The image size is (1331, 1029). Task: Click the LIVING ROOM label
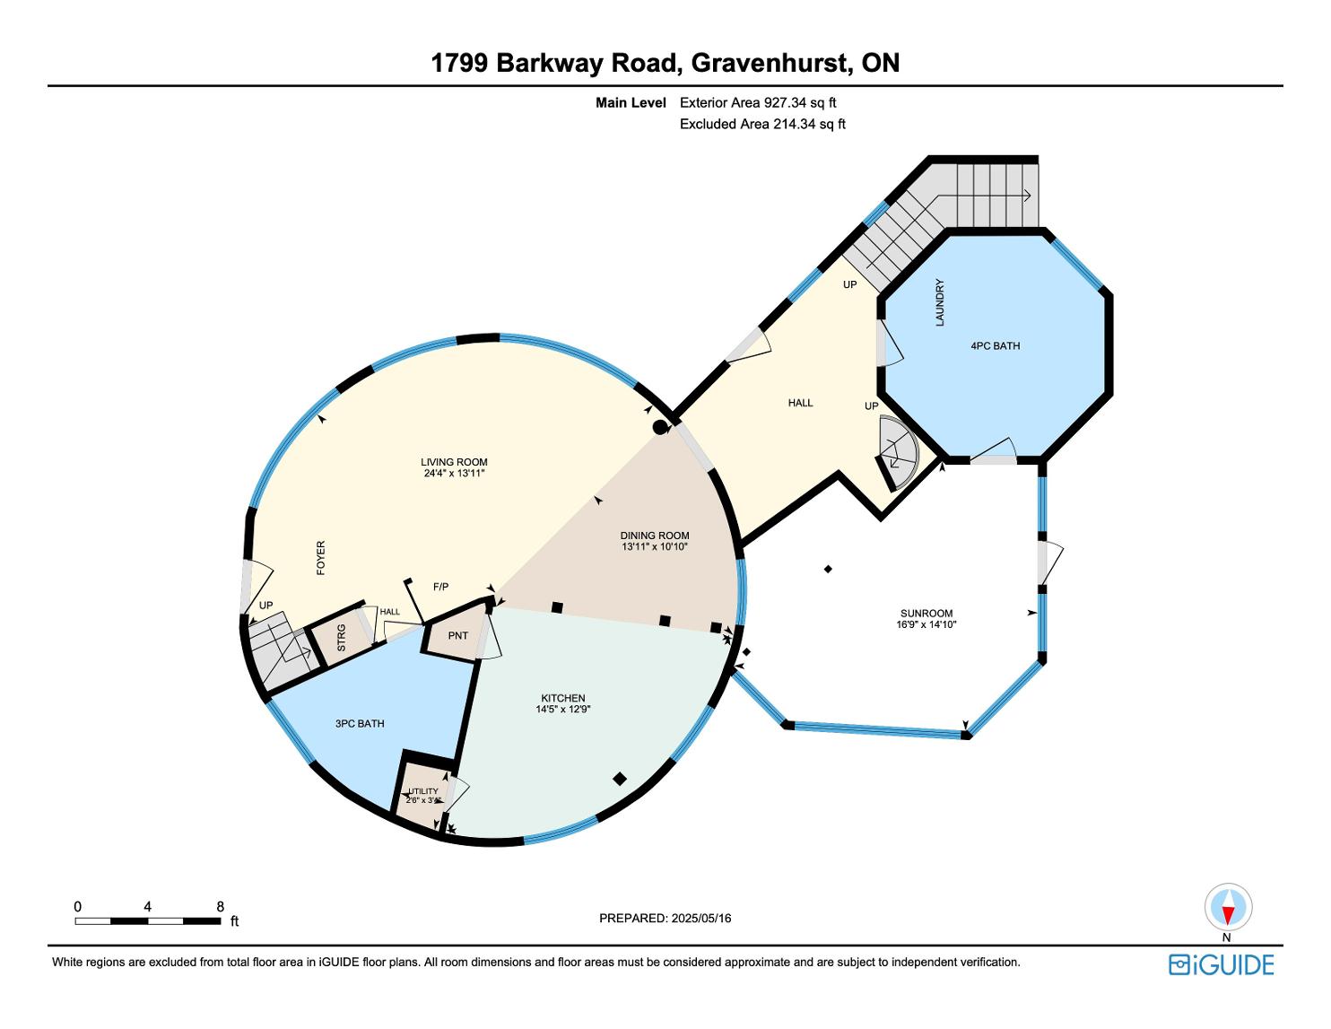[454, 463]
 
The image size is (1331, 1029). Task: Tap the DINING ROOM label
[655, 536]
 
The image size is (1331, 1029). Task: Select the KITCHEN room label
[562, 698]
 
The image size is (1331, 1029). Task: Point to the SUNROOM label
[926, 614]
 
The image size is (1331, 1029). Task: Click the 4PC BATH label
[995, 345]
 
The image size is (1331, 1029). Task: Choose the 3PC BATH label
[360, 723]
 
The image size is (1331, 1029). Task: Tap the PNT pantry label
[457, 635]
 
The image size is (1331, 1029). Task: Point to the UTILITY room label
[423, 791]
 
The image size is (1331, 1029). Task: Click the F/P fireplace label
[440, 587]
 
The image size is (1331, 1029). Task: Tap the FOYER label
[320, 557]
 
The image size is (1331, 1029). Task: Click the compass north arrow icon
[1227, 908]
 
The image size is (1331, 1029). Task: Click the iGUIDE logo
[1221, 964]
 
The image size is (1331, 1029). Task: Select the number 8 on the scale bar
[220, 907]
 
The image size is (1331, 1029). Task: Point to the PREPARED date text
[665, 918]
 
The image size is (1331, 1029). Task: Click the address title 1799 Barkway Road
[665, 63]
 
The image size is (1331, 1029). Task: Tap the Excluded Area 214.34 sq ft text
[762, 125]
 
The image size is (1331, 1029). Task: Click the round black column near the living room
[660, 427]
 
